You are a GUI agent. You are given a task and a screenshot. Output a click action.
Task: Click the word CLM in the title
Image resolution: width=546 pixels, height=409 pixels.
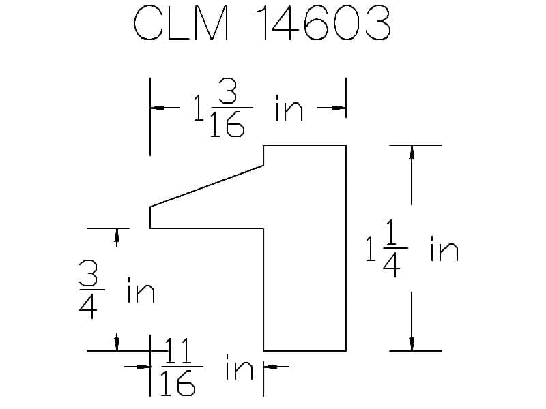coord(182,23)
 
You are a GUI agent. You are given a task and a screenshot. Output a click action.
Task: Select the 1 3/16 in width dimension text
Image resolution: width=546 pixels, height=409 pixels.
coord(248,108)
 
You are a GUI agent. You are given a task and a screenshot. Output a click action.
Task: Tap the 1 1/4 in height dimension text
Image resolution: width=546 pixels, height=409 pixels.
coord(412,248)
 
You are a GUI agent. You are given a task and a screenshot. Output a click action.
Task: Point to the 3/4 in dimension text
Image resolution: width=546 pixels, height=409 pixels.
coord(117,289)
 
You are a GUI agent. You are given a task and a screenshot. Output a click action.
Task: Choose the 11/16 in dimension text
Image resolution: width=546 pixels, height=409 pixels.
coord(207,367)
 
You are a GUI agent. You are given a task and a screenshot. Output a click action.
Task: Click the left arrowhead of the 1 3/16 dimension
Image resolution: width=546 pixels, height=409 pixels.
coord(157,108)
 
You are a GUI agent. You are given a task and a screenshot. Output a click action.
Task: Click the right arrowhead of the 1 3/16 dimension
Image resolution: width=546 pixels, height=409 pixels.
coord(339,108)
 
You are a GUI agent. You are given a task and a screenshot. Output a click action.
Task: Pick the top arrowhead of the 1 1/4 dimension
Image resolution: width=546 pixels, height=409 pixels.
coord(412,152)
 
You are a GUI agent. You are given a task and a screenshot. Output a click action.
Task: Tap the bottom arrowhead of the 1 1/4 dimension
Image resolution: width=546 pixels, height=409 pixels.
coord(412,344)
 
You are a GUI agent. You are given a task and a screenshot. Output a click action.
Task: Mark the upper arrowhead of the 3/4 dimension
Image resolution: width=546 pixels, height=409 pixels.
coord(117,235)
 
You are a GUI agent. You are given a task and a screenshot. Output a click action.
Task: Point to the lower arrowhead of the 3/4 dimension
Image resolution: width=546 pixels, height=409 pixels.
coord(117,344)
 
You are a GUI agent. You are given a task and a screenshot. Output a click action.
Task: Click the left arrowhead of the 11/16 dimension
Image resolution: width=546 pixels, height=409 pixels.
coord(143,367)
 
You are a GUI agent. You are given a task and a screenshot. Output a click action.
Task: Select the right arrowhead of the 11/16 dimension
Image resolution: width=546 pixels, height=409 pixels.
coord(270,367)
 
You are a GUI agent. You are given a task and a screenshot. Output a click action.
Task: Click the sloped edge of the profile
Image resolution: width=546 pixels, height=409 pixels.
coord(207,186)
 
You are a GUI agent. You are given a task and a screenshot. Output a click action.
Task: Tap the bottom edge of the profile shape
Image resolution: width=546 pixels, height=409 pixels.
coord(304,351)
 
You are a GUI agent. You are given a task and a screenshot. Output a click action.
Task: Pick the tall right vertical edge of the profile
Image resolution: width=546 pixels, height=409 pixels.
coord(346,248)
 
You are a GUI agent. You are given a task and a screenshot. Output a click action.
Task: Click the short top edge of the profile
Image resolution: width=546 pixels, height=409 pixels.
coord(304,145)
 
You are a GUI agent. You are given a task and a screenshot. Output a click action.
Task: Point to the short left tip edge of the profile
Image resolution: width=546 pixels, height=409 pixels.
coord(150,217)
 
